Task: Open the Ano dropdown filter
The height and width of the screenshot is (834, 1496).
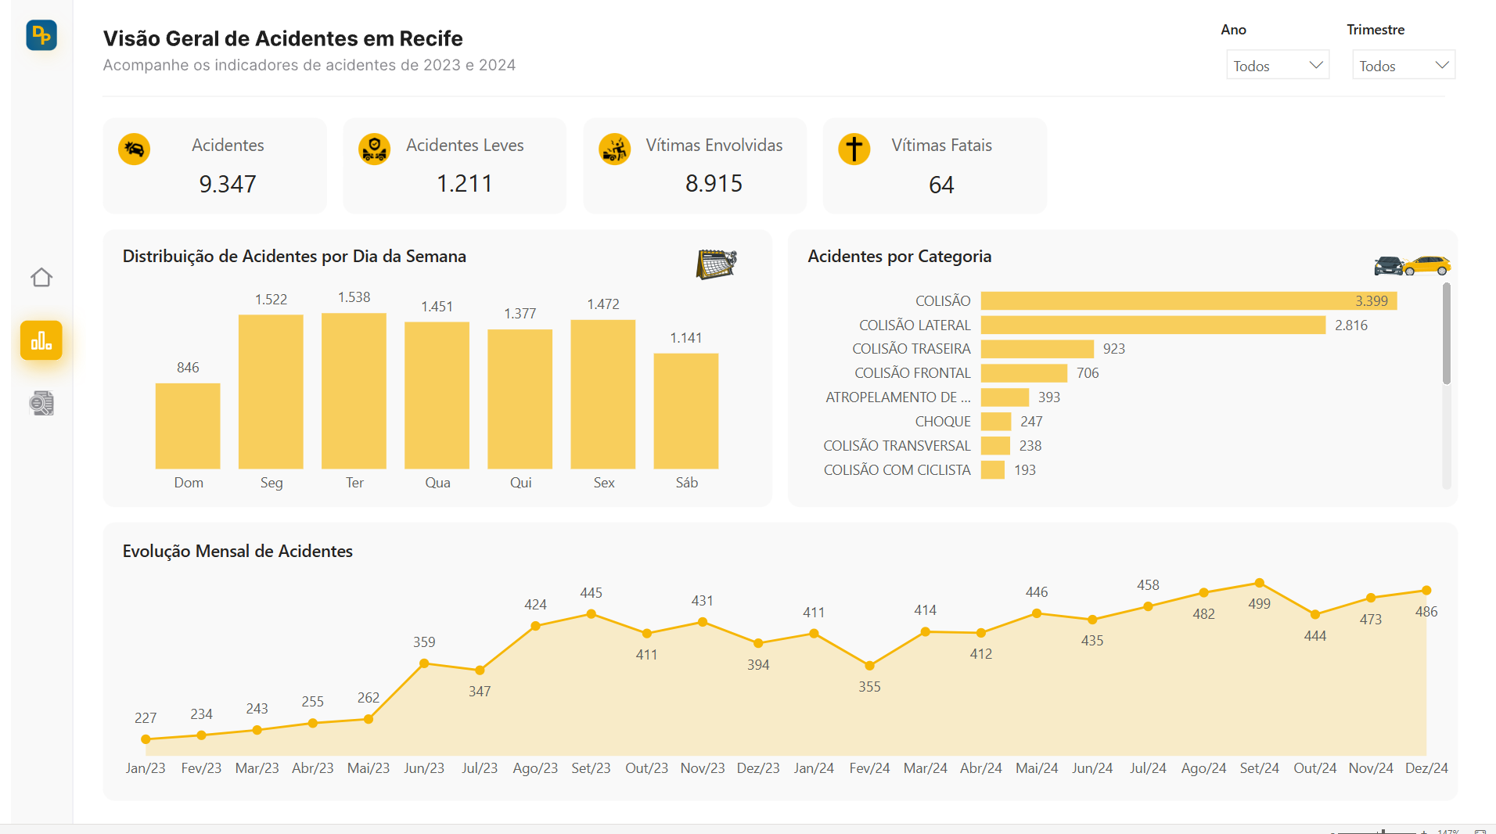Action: [x=1277, y=66]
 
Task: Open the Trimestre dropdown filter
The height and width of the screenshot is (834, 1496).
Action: [x=1403, y=66]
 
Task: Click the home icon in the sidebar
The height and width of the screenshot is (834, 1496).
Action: [x=41, y=278]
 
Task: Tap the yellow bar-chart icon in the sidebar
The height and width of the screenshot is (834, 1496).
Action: [x=41, y=341]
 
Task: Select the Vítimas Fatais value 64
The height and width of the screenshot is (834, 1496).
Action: [x=940, y=185]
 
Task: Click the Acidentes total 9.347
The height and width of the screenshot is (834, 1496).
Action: [x=227, y=184]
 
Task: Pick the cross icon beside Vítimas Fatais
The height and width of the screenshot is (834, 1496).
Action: [x=854, y=149]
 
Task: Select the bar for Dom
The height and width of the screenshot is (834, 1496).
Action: [x=188, y=426]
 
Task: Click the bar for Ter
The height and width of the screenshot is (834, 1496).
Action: [x=354, y=391]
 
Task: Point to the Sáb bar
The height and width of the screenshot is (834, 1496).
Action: [x=685, y=411]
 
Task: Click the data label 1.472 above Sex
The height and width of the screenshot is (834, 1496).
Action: [x=602, y=304]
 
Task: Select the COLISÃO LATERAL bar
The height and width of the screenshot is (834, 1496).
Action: [x=1152, y=325]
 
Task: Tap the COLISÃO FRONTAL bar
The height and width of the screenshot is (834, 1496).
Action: [x=1023, y=373]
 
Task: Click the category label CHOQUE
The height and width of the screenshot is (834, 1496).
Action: [x=942, y=422]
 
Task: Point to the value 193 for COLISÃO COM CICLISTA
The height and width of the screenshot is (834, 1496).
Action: [x=1024, y=470]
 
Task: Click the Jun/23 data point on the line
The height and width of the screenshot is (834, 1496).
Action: [x=424, y=663]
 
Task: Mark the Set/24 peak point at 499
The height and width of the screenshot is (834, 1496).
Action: [x=1259, y=583]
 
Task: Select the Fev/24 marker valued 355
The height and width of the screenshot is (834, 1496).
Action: [x=869, y=666]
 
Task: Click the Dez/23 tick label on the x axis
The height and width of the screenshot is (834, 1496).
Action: [x=757, y=768]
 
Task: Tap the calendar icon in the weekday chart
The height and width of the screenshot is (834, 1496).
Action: [x=716, y=264]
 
